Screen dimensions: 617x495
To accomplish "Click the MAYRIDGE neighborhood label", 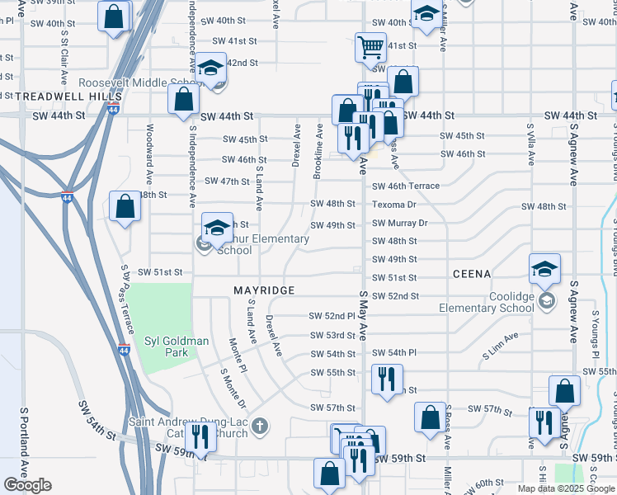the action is (x=264, y=291).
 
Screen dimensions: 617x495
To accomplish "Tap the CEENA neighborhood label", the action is (x=472, y=273).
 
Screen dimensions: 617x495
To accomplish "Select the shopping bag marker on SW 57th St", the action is (x=431, y=417).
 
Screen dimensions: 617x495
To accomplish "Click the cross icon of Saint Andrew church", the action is (x=260, y=426).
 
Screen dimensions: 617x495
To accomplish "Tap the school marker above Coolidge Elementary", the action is (x=545, y=269).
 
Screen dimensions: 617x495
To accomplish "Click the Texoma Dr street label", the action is (x=394, y=205).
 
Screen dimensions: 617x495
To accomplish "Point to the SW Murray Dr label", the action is (x=400, y=224).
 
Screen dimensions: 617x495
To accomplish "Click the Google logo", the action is (x=27, y=485).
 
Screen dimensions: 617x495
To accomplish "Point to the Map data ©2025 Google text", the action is (x=566, y=488).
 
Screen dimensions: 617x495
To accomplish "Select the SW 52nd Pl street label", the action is (x=332, y=316).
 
